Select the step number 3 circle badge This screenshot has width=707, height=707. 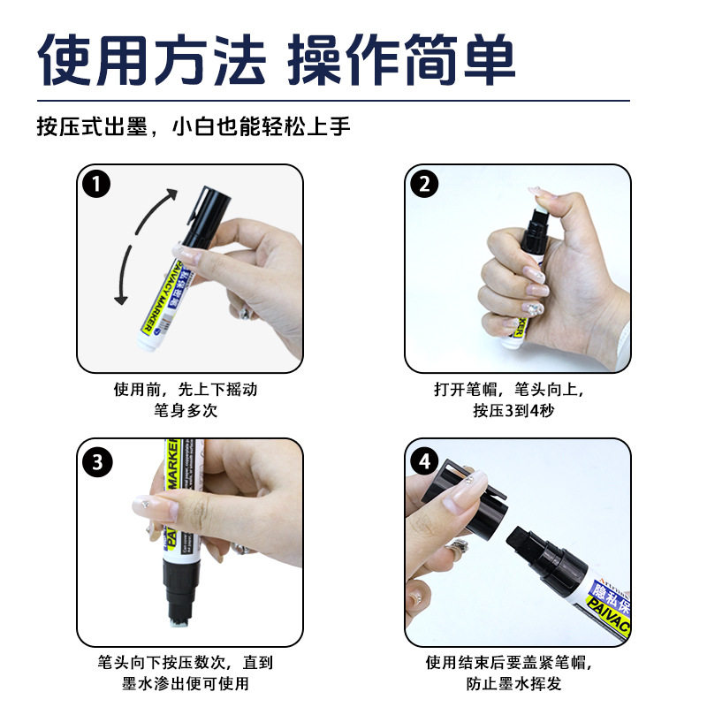[96, 460]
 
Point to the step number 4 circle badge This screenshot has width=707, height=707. [425, 460]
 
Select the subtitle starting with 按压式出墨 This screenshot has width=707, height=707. [194, 125]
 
